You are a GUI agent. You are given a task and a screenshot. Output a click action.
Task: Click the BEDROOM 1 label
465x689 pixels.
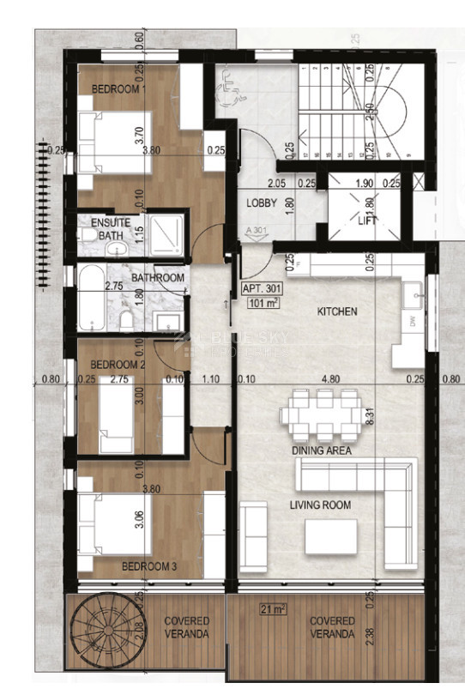pos(120,89)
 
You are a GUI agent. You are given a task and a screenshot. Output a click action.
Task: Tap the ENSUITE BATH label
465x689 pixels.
pos(111,228)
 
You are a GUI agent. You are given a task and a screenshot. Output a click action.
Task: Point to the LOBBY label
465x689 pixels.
pos(261,203)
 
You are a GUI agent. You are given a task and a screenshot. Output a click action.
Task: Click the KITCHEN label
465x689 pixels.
pos(337,311)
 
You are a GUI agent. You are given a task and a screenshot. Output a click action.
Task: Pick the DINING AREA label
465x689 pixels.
pos(322,450)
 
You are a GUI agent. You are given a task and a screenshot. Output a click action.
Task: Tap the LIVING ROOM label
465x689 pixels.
pos(319,505)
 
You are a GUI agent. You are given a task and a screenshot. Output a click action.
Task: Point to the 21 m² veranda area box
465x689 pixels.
pos(274,609)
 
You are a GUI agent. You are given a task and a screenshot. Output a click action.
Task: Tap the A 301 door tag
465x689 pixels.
pos(255,231)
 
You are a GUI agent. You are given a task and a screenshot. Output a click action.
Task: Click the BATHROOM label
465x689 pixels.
pos(159,278)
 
